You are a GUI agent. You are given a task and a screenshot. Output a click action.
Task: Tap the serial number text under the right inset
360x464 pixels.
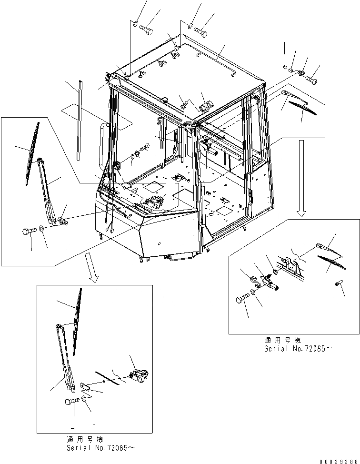click(298, 349)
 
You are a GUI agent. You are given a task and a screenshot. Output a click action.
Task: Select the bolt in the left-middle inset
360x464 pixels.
click(29, 232)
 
